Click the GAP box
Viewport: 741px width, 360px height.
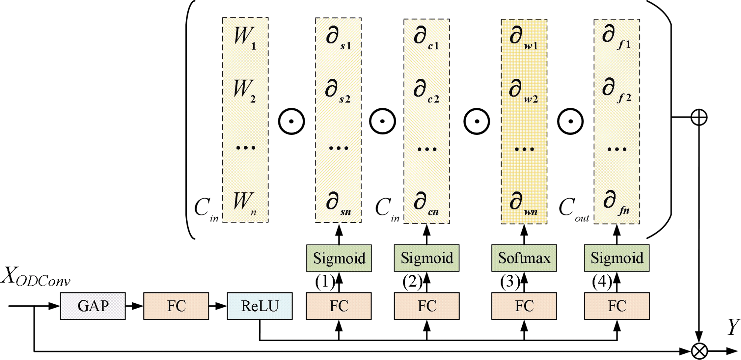click(x=93, y=306)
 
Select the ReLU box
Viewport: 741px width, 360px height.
click(x=260, y=306)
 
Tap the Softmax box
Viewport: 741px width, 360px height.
click(x=524, y=258)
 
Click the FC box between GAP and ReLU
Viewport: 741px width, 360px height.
click(x=176, y=306)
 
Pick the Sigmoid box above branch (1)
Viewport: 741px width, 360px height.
click(x=339, y=258)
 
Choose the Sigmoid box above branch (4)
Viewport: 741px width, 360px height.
click(x=617, y=258)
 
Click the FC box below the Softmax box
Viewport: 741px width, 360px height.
click(x=524, y=306)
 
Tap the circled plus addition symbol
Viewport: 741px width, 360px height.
click(x=699, y=117)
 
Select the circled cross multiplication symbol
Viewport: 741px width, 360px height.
click(x=699, y=351)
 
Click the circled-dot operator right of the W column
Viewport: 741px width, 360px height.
click(x=291, y=122)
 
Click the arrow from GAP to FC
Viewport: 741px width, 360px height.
click(x=134, y=306)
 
